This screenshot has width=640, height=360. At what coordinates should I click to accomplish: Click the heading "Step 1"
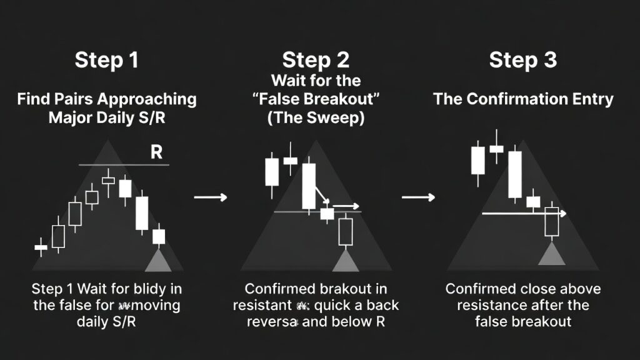[x=106, y=61]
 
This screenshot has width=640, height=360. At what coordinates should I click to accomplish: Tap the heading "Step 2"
[x=316, y=61]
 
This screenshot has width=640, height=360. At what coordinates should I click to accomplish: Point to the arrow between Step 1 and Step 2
[x=210, y=197]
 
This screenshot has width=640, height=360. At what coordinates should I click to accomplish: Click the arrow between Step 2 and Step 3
[x=417, y=197]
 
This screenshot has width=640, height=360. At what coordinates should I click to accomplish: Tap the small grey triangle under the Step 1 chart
[x=156, y=261]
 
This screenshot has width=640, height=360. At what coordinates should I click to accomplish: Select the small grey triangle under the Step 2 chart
[x=346, y=261]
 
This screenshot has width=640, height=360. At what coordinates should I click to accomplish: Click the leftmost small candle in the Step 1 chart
[x=41, y=247]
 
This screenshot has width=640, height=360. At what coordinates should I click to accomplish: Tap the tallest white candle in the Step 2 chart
[x=309, y=186]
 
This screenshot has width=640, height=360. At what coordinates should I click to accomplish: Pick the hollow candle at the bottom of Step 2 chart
[x=346, y=231]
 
